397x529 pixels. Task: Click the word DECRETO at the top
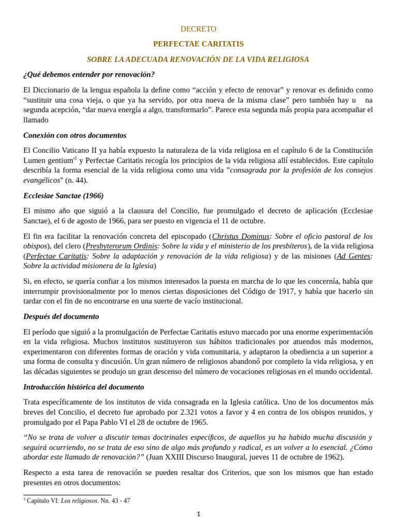click(198, 29)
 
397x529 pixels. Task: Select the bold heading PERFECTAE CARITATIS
click(198, 44)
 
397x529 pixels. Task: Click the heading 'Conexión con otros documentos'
click(75, 135)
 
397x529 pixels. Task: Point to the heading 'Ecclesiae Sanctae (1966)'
click(64, 196)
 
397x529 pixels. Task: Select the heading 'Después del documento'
click(61, 316)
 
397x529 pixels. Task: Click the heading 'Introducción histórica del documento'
click(84, 387)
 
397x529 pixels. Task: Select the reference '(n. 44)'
click(77, 180)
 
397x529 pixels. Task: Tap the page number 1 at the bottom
click(198, 514)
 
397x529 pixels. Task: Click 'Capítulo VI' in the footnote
click(43, 501)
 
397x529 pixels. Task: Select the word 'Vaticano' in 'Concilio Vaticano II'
click(73, 150)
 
